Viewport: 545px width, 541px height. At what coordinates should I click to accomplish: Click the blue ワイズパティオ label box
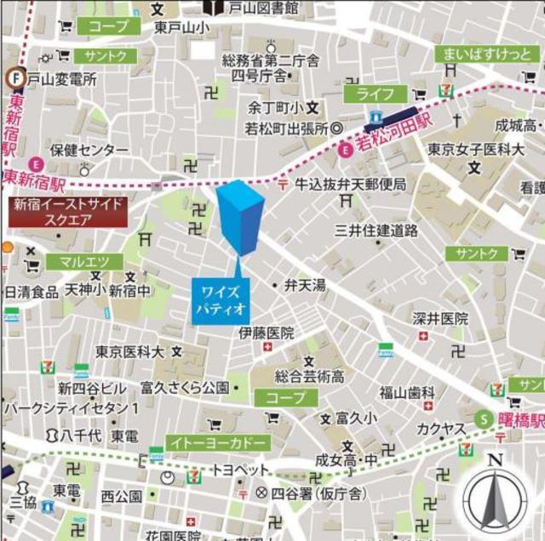[220, 300]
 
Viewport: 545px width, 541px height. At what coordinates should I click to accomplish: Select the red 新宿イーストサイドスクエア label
[68, 211]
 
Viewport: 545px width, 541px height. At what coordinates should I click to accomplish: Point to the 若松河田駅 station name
[393, 135]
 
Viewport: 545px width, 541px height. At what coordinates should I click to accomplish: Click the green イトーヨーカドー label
[218, 442]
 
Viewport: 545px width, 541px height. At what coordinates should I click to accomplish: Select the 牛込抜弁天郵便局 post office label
[351, 183]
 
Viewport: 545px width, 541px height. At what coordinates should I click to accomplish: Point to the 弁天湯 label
[304, 286]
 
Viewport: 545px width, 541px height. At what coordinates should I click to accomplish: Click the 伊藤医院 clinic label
[266, 332]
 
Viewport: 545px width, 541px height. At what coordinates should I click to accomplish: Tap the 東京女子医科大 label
[475, 150]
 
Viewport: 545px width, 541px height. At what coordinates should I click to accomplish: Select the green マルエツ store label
[78, 262]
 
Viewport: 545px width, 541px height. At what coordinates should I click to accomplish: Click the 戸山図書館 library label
[263, 8]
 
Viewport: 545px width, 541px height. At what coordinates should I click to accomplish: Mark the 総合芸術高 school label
[309, 375]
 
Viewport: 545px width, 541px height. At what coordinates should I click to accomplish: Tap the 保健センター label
[89, 150]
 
